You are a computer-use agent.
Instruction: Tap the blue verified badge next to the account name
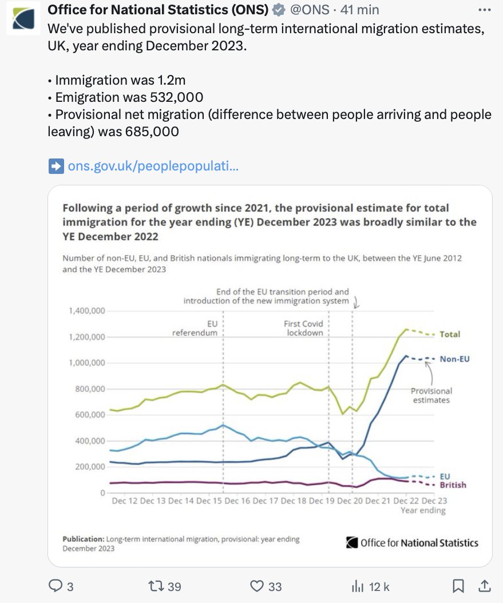pos(279,10)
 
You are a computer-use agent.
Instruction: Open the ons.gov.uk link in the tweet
pos(152,166)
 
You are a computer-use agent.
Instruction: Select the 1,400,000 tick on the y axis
pos(86,311)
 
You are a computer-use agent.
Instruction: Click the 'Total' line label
pos(450,334)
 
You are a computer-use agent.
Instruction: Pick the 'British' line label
pos(453,485)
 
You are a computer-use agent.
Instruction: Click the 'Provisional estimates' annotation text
pos(431,395)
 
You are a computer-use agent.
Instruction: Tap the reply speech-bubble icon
pos(56,586)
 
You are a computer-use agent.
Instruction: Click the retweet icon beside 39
pos(156,586)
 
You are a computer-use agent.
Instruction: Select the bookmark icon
pos(458,586)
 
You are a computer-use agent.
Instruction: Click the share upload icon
pos(484,586)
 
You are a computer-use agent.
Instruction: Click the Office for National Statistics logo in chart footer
pos(412,542)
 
